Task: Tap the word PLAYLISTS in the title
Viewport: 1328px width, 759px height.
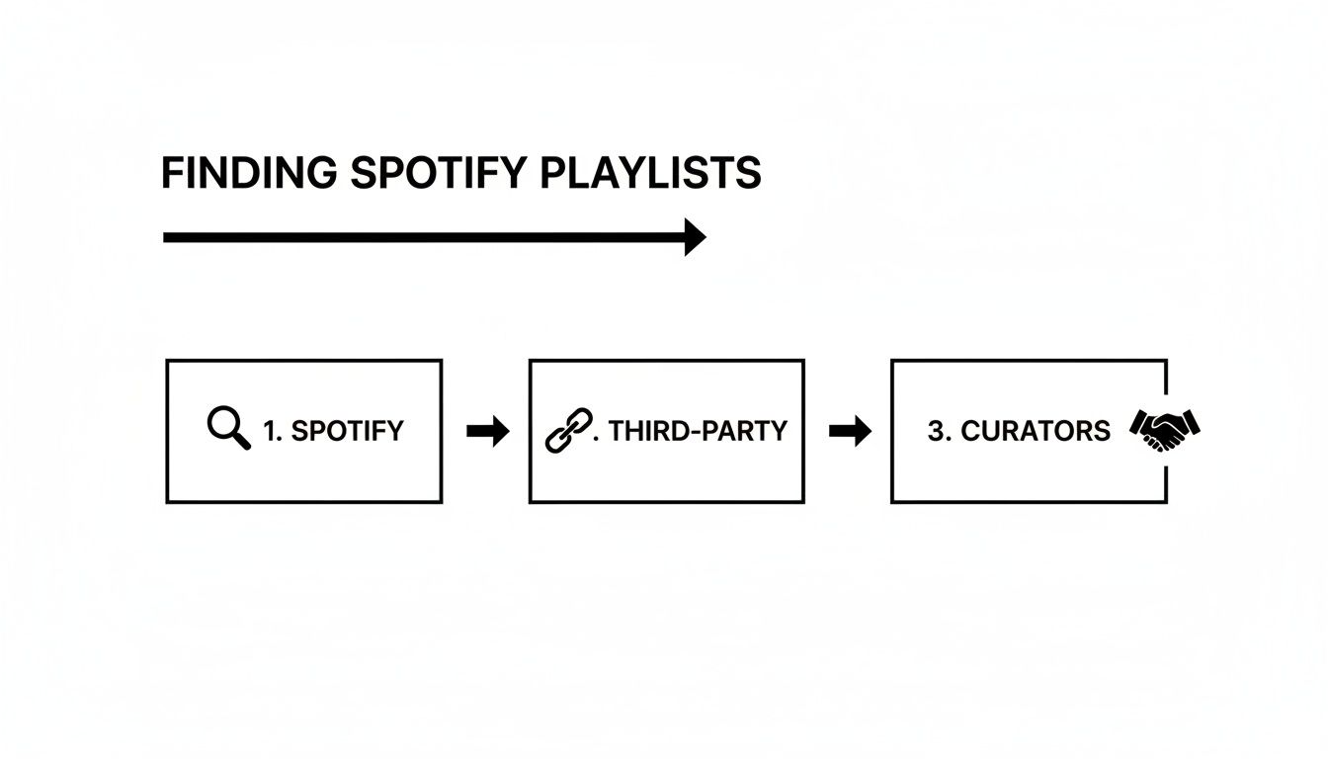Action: click(x=651, y=174)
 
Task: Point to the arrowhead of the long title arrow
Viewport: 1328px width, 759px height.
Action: click(x=696, y=237)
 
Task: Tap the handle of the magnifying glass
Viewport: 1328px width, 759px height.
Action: click(x=242, y=443)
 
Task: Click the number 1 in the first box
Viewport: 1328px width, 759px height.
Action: click(x=270, y=431)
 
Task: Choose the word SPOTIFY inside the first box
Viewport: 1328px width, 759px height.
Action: click(x=347, y=431)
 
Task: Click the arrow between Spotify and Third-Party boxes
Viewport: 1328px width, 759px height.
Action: click(x=486, y=431)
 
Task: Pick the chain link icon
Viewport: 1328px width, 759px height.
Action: click(x=568, y=431)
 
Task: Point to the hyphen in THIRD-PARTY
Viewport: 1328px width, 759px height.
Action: click(x=692, y=432)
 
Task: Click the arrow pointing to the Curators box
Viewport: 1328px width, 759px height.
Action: click(x=849, y=431)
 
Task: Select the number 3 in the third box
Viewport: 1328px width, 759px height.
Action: click(x=935, y=431)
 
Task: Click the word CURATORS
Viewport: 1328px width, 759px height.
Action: click(x=1036, y=431)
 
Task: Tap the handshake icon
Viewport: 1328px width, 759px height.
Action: click(x=1164, y=430)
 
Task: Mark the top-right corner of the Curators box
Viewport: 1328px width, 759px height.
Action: click(x=1167, y=361)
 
